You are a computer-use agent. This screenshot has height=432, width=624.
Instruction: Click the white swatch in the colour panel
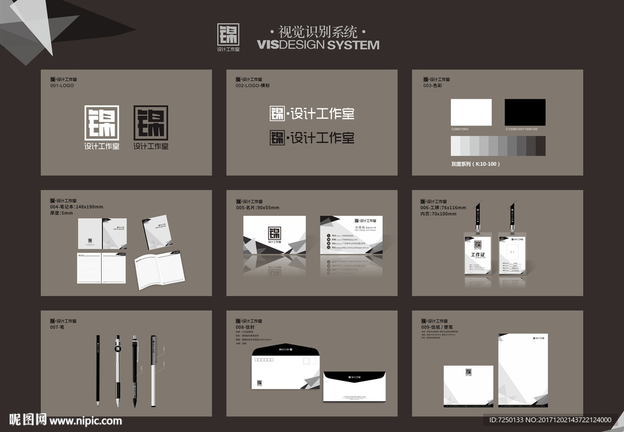click(470, 112)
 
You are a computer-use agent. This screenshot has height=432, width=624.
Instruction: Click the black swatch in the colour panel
click(525, 112)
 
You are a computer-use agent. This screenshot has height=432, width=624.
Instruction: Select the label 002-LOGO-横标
click(252, 86)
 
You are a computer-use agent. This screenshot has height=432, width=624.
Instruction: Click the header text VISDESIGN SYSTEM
click(317, 45)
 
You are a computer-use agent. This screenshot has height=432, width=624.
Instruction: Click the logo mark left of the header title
click(229, 34)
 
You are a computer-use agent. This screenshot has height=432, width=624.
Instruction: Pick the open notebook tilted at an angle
click(160, 271)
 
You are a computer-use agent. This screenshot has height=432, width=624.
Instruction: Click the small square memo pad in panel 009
click(468, 385)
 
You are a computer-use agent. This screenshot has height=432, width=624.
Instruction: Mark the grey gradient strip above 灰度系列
click(498, 146)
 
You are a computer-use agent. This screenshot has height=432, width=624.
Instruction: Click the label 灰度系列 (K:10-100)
click(475, 164)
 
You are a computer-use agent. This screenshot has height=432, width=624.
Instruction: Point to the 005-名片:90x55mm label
click(257, 208)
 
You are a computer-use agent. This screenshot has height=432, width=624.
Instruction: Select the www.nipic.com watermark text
click(85, 420)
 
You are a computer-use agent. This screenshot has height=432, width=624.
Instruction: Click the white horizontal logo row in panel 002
click(311, 114)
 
